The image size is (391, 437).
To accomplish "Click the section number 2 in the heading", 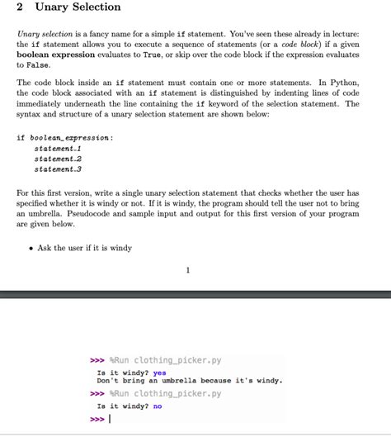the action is click(x=20, y=7).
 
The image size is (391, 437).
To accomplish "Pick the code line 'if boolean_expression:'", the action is click(x=64, y=137).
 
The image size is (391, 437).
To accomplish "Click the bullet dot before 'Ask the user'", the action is click(x=31, y=248).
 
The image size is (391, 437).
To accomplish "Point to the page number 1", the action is click(x=188, y=269).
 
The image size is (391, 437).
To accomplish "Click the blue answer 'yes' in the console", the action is click(x=160, y=373).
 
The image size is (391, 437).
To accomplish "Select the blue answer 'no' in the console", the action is click(x=158, y=406).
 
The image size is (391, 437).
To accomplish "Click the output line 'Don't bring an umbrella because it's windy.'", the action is click(x=189, y=381).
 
